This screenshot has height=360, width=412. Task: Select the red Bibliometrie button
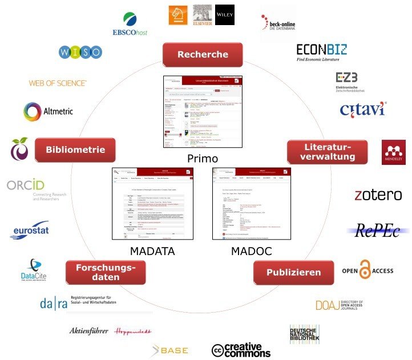tap(75, 149)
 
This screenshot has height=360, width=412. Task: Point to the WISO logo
tap(80, 52)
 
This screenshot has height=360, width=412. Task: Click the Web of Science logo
tap(58, 83)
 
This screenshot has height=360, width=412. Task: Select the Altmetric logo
tap(48, 111)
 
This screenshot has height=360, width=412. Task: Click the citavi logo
tap(362, 108)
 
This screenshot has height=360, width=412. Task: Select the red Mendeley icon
tap(394, 152)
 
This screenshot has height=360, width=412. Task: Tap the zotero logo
tap(378, 195)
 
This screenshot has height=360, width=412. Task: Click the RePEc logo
tap(378, 230)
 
